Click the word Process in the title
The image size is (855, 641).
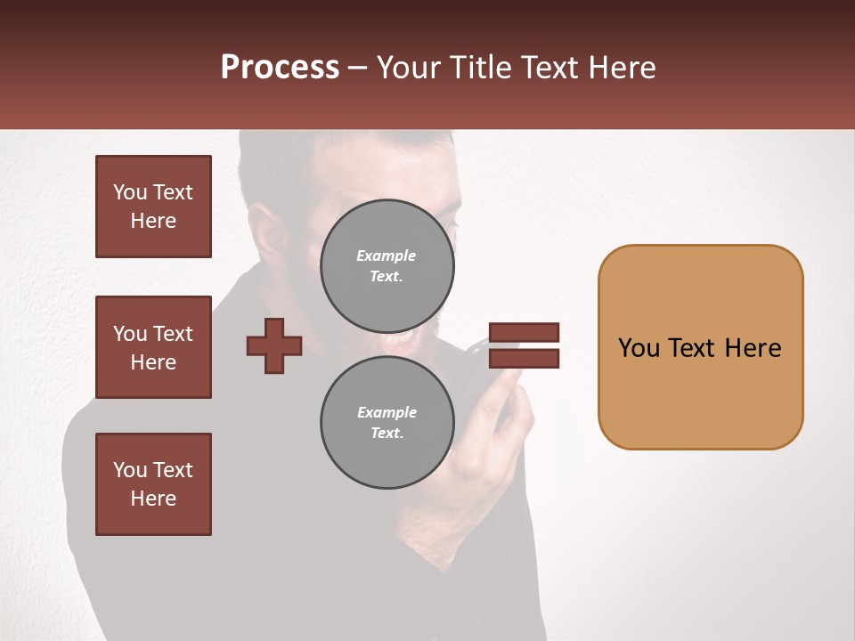pyautogui.click(x=280, y=68)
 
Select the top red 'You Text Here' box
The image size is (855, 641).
pyautogui.click(x=153, y=207)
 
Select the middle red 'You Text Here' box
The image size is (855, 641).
pyautogui.click(x=153, y=347)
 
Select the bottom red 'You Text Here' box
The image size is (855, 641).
pyautogui.click(x=153, y=484)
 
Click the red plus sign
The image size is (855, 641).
pyautogui.click(x=274, y=345)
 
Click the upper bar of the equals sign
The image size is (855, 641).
pyautogui.click(x=524, y=332)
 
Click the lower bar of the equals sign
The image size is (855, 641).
pyautogui.click(x=524, y=359)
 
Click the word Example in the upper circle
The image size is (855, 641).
pyautogui.click(x=387, y=256)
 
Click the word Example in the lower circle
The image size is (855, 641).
pyautogui.click(x=387, y=412)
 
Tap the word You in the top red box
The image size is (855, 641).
pyautogui.click(x=129, y=192)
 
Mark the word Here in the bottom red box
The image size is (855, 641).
pyautogui.click(x=153, y=499)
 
